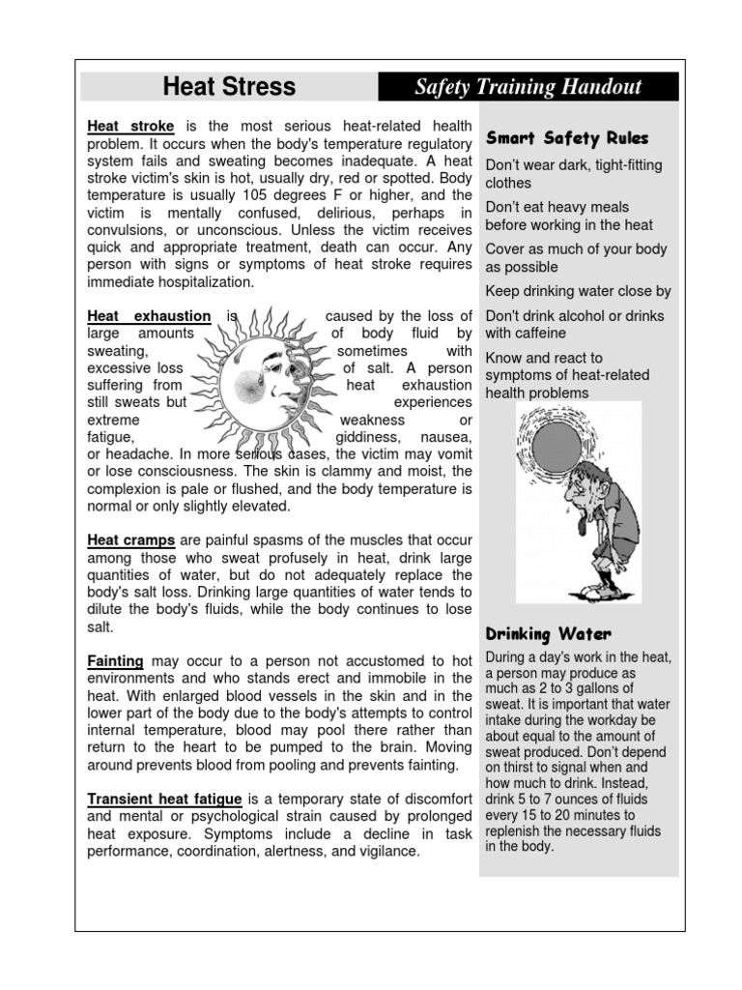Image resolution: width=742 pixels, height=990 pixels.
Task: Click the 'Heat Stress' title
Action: click(229, 86)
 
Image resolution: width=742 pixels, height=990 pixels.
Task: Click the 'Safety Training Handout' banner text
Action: click(528, 87)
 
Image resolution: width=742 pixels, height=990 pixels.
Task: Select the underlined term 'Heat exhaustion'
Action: click(149, 316)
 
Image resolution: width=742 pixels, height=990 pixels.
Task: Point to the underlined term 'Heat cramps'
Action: click(130, 540)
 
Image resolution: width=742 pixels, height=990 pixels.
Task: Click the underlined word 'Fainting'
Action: click(115, 660)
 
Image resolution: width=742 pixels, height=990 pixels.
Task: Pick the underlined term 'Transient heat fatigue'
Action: click(164, 800)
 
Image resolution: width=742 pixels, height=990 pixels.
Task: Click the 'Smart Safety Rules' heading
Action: click(567, 138)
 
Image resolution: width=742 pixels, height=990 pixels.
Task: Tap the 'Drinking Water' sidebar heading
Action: click(548, 634)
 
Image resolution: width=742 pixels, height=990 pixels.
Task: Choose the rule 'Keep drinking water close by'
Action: click(578, 291)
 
